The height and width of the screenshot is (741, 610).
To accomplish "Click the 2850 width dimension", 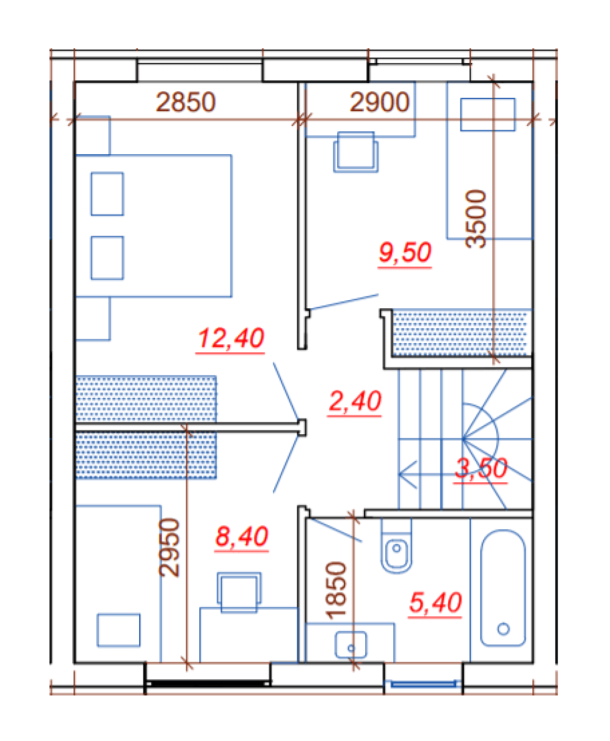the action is click(186, 102).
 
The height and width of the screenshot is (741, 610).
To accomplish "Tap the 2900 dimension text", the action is click(379, 102).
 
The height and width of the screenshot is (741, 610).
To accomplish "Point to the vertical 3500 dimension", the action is click(476, 219).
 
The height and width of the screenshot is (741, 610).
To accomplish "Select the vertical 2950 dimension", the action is click(169, 548).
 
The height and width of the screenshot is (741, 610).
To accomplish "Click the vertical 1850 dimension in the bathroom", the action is click(335, 591).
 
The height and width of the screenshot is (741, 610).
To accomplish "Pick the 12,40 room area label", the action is click(230, 338).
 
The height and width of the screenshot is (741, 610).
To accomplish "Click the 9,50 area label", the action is click(405, 253).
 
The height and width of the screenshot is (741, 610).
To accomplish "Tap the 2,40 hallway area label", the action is click(354, 401).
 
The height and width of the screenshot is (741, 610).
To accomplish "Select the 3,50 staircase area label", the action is click(481, 468).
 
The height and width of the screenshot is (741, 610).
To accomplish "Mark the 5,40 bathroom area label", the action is click(435, 603).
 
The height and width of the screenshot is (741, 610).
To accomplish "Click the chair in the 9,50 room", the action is click(355, 152).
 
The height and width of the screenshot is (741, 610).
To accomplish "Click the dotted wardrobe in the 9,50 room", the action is click(461, 333).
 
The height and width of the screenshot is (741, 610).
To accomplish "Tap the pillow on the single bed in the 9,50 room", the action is click(488, 114).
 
